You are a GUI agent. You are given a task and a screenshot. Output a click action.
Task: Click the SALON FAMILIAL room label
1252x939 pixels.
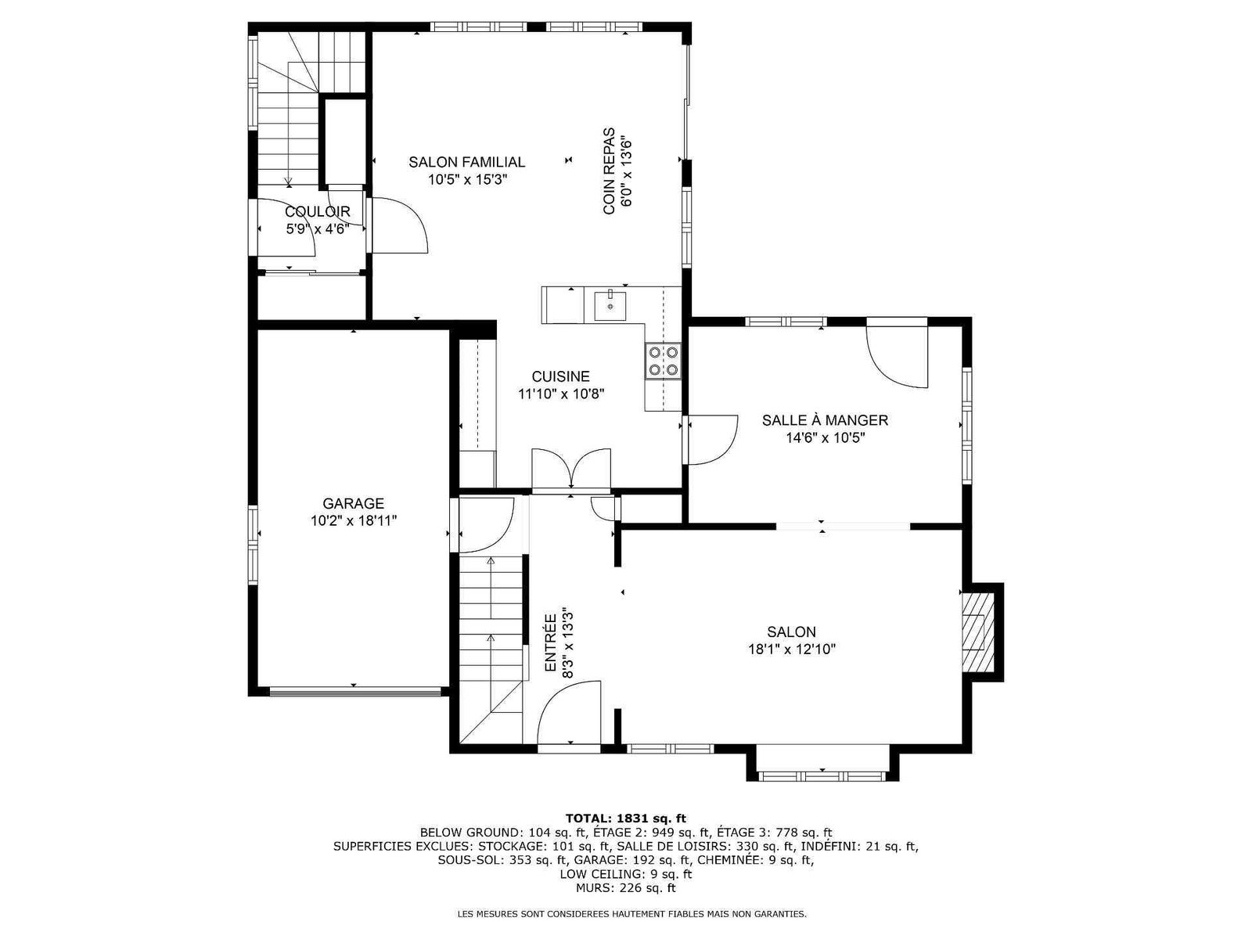tap(466, 162)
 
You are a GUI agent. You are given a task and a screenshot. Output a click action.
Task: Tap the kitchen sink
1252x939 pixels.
tap(610, 306)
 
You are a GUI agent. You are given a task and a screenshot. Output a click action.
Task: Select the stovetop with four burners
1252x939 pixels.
tap(664, 361)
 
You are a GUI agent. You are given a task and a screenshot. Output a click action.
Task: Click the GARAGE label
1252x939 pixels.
tap(353, 503)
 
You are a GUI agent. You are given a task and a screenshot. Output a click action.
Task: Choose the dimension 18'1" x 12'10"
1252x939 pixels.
tap(792, 649)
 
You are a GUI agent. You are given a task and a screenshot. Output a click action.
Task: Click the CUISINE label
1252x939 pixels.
tap(561, 376)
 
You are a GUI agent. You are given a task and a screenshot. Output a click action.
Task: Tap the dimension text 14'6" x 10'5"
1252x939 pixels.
tap(825, 438)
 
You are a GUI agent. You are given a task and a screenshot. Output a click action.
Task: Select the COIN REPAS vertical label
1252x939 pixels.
tap(609, 171)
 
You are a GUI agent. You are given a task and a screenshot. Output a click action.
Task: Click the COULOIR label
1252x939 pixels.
tap(317, 212)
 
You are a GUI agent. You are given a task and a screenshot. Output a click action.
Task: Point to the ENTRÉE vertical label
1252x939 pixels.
tap(550, 643)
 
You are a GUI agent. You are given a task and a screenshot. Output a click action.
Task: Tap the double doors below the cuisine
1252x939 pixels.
tap(571, 469)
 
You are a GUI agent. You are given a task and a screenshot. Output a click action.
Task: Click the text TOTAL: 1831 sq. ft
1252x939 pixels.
tap(626, 819)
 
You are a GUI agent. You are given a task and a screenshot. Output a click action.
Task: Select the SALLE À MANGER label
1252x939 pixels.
tap(825, 420)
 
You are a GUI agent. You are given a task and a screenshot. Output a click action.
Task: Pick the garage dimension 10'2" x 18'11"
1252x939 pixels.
tap(353, 520)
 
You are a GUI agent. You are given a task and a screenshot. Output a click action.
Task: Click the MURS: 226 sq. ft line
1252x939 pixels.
tap(626, 887)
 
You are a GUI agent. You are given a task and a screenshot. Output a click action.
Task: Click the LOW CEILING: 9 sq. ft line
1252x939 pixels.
tap(626, 874)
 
